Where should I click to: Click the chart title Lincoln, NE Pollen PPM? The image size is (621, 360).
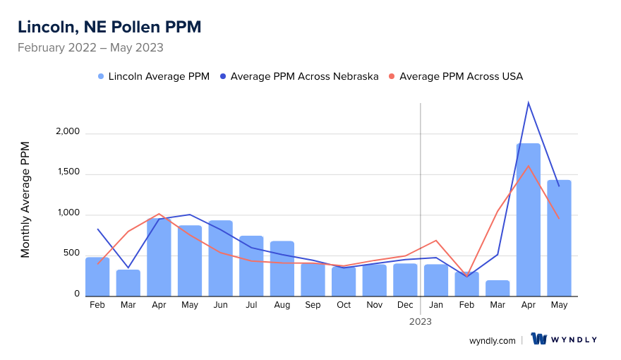click(x=109, y=27)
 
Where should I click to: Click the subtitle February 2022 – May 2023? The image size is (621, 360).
click(x=90, y=48)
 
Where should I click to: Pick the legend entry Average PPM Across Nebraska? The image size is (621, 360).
click(x=304, y=76)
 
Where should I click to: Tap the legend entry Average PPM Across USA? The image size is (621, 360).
click(x=461, y=76)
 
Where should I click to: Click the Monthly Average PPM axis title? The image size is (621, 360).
click(x=25, y=200)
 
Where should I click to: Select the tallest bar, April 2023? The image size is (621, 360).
click(x=528, y=219)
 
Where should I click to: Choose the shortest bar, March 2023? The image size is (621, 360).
click(x=498, y=288)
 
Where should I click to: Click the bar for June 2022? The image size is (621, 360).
click(x=220, y=258)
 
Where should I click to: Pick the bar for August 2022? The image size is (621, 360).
click(x=282, y=268)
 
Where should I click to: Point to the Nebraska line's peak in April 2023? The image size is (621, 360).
click(x=528, y=103)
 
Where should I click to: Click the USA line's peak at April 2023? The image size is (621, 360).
click(x=528, y=166)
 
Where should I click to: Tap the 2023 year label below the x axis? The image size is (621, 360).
click(x=421, y=321)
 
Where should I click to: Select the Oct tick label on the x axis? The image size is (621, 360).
click(x=344, y=305)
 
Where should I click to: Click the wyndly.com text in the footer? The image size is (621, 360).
click(x=492, y=340)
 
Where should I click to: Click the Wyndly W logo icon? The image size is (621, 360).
click(x=539, y=340)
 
